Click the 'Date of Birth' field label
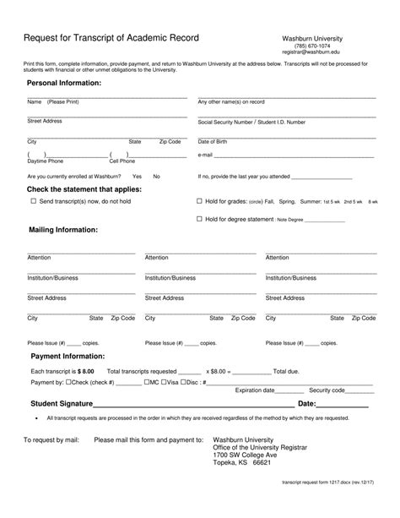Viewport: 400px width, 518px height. click(213, 141)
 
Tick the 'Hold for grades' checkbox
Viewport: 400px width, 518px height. click(199, 202)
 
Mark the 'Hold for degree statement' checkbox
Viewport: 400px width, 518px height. click(199, 219)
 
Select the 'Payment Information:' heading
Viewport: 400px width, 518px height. click(68, 357)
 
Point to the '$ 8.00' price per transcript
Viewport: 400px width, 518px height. click(86, 370)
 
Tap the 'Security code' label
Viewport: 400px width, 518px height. click(327, 390)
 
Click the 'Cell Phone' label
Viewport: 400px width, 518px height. click(122, 161)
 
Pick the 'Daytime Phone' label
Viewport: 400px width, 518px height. click(45, 161)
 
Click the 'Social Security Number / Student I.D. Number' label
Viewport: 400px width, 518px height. click(251, 122)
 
